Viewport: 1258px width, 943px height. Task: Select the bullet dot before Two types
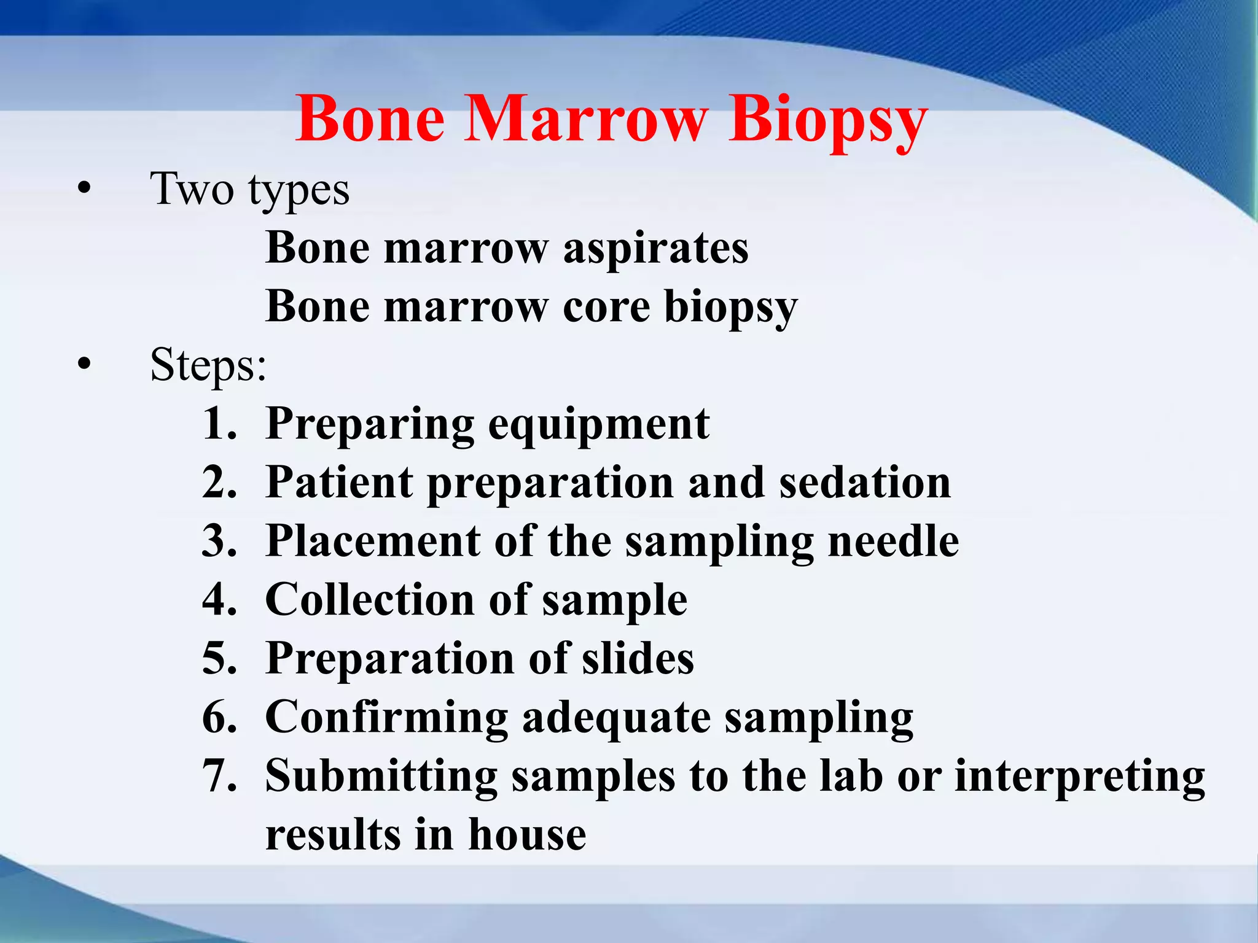point(84,188)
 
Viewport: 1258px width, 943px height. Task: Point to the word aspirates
point(655,249)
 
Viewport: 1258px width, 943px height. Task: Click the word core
point(606,307)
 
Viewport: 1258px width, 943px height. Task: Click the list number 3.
point(219,541)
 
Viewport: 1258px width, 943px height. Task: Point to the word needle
point(893,541)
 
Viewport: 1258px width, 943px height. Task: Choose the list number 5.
point(219,659)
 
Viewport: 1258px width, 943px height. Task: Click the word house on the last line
point(527,835)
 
